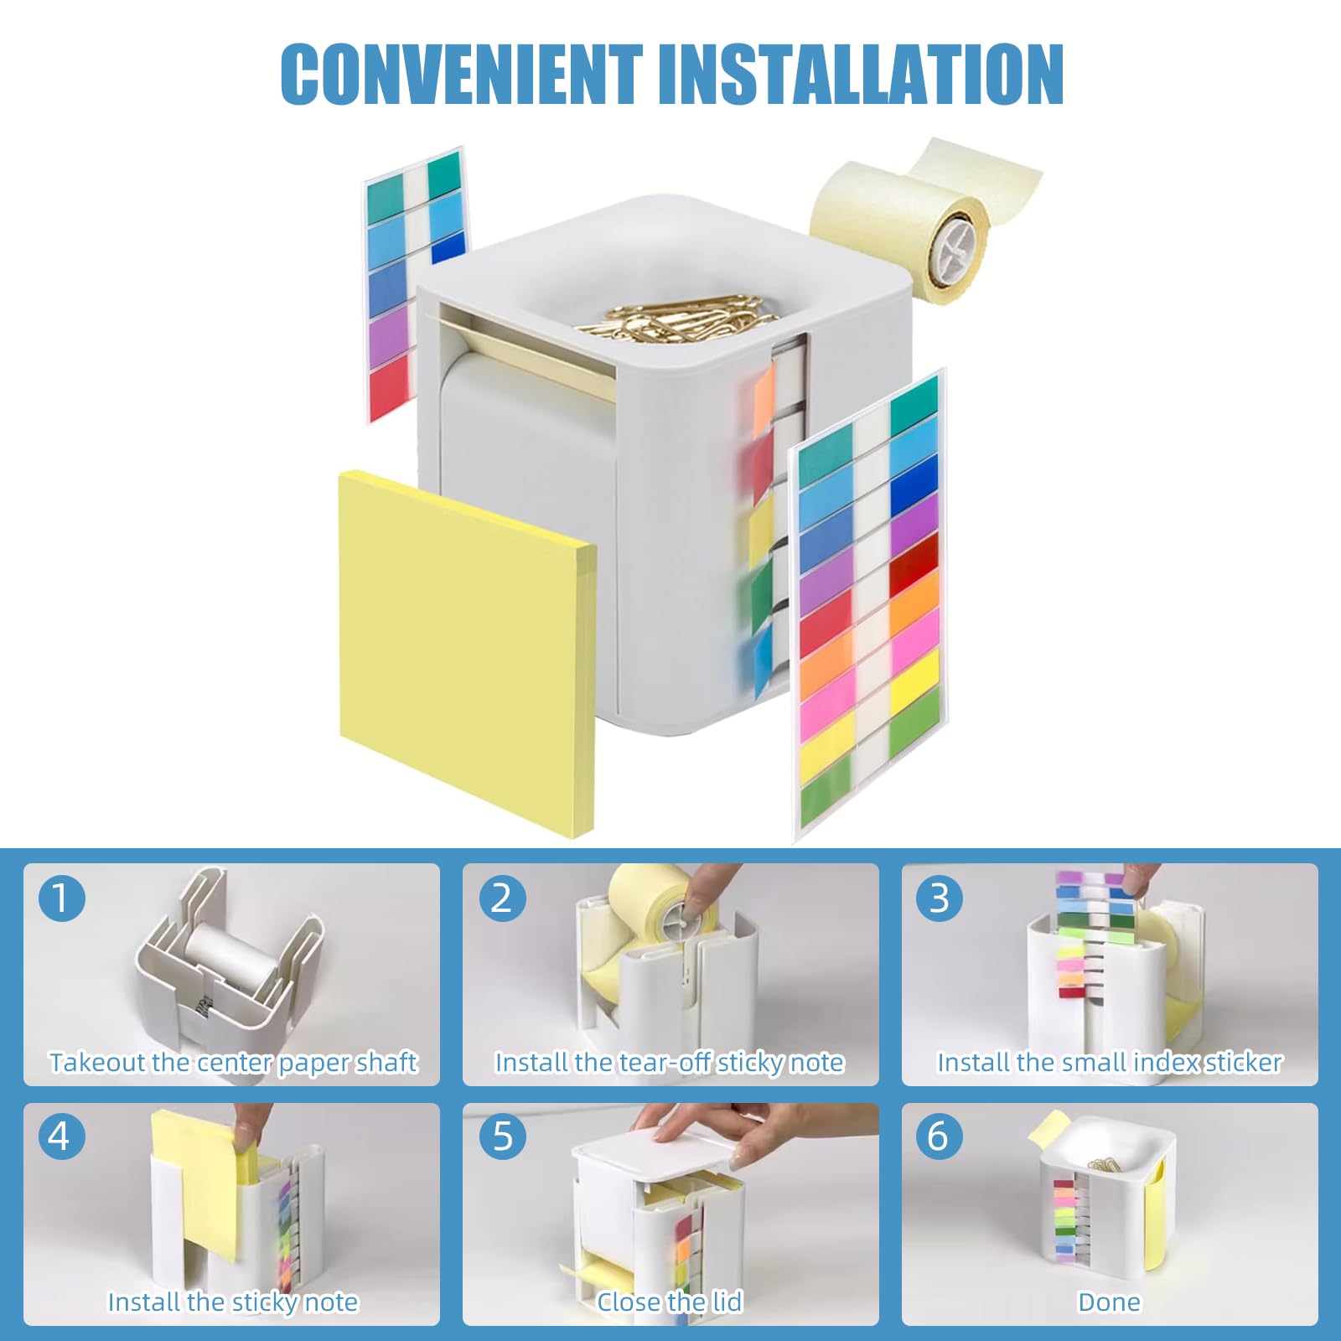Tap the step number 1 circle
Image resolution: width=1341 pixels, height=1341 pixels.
pos(61,898)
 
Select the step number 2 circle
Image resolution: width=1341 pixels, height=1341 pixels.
pos(501,898)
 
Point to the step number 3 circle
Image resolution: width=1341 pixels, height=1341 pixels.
pos(940,898)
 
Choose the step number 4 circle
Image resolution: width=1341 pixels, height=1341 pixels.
pos(61,1136)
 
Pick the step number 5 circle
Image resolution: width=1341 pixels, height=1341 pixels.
pos(501,1136)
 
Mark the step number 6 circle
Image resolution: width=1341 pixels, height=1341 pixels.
pos(940,1136)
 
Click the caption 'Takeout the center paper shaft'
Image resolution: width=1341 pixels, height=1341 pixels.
pos(232,1063)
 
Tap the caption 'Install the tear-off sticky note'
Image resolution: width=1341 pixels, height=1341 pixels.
pos(670,1063)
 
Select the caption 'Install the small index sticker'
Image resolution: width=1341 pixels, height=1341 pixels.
pos(1109,1063)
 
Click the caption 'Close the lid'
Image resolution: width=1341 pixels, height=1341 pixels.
pos(670,1302)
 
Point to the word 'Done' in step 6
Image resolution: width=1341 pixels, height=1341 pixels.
pos(1109,1302)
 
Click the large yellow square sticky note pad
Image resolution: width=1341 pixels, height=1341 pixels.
pos(467,650)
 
